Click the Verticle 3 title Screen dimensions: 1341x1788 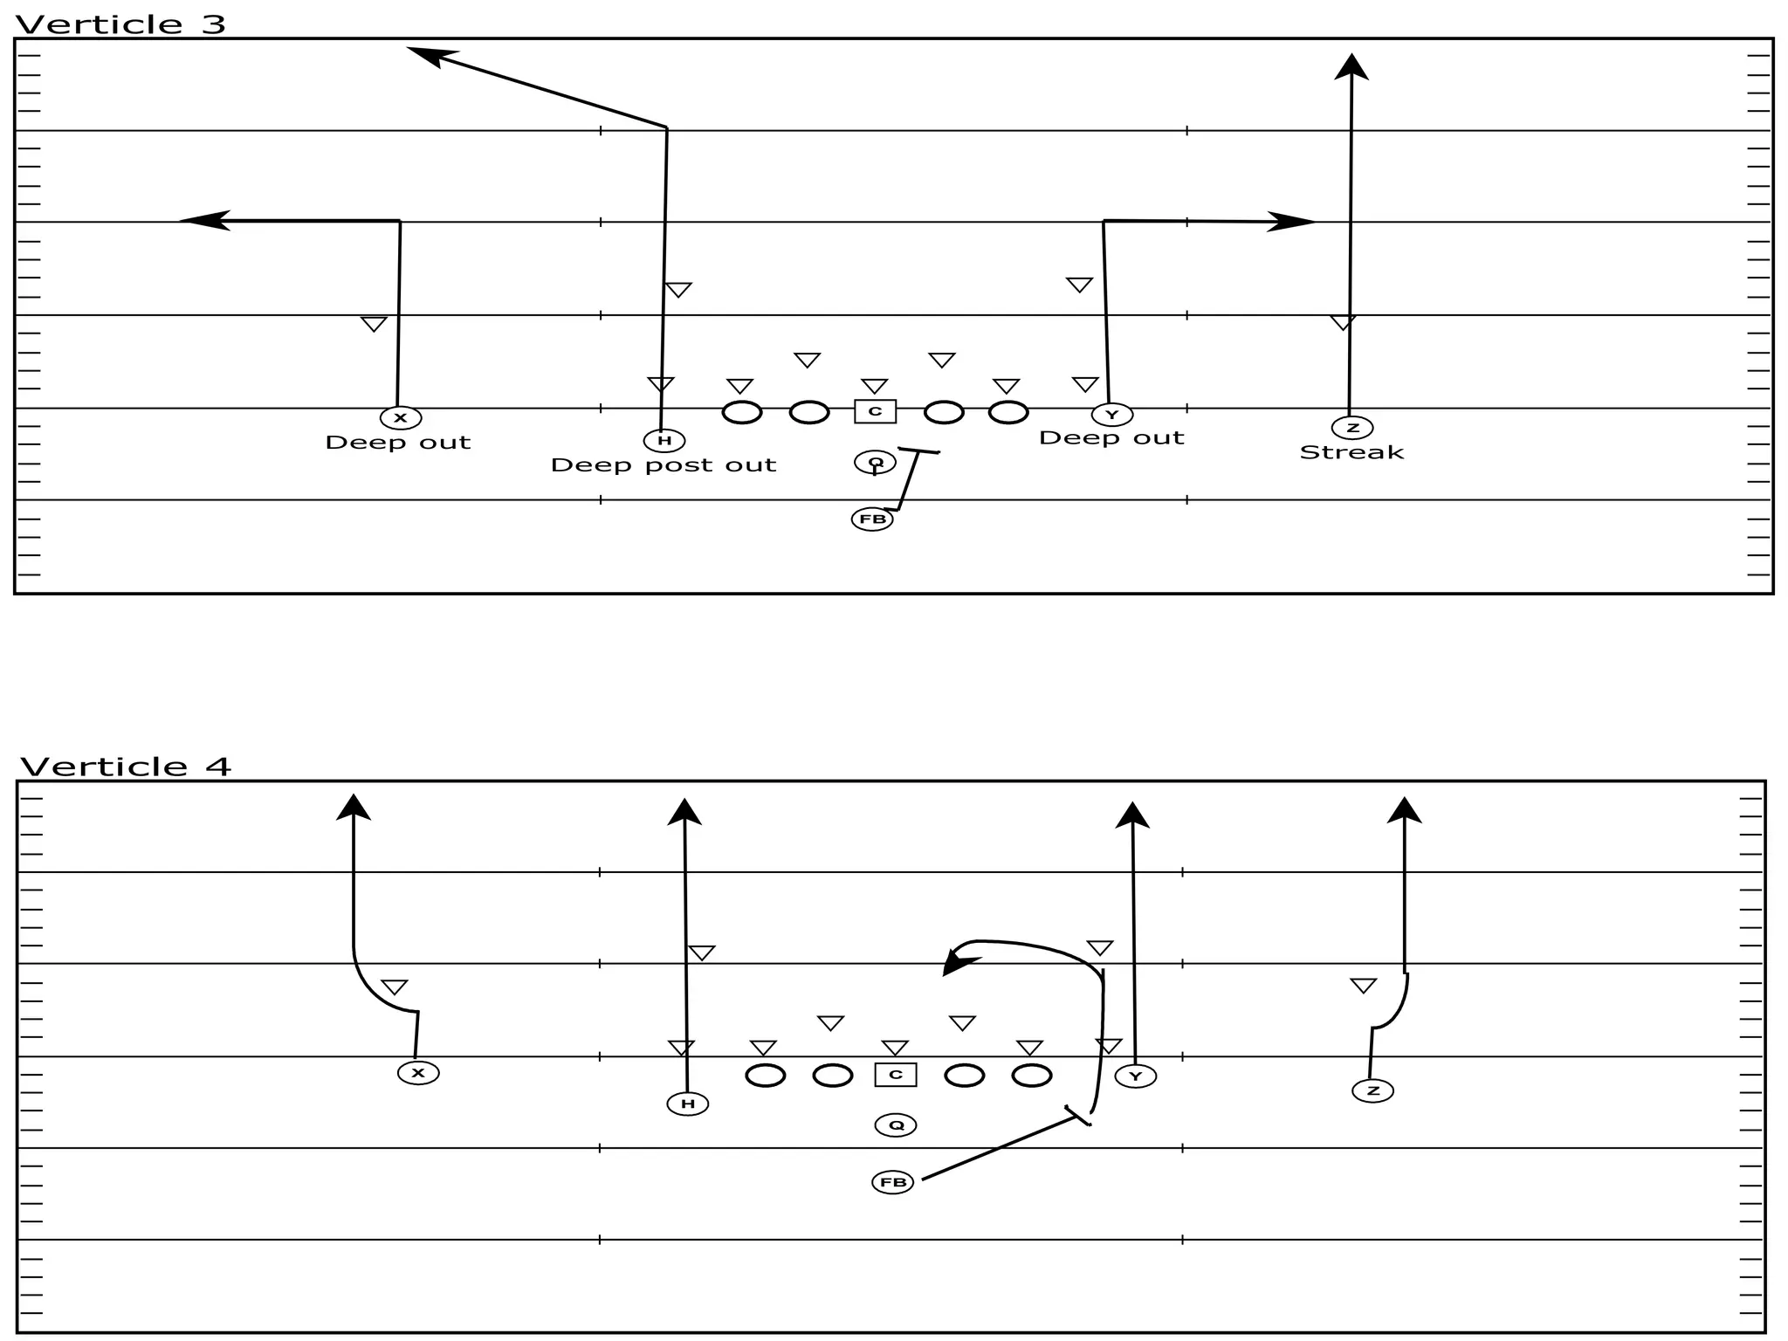click(x=120, y=24)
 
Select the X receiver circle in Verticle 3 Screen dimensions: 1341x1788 click(x=401, y=418)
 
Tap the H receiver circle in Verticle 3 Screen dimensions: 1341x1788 click(x=664, y=441)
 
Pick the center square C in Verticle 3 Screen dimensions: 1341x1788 click(x=875, y=411)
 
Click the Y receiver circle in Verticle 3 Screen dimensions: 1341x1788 click(x=1111, y=415)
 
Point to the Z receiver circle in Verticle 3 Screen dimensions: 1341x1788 click(x=1352, y=428)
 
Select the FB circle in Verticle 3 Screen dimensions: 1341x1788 click(x=872, y=519)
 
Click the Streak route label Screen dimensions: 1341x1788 click(x=1351, y=452)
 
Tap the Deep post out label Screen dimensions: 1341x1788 click(x=664, y=465)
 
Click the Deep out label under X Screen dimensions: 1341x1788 click(x=398, y=443)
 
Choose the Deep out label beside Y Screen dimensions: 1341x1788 click(x=1111, y=438)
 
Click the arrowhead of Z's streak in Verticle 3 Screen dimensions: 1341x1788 click(x=1351, y=66)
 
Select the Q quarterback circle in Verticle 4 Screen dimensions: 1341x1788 click(x=896, y=1125)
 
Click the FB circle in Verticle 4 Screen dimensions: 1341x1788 click(x=893, y=1183)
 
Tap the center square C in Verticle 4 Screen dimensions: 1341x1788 click(x=896, y=1075)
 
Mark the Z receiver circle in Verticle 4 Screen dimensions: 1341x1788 click(x=1372, y=1090)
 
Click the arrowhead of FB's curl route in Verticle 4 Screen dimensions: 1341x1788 click(x=959, y=965)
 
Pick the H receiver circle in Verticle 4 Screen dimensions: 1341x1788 click(x=688, y=1104)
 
